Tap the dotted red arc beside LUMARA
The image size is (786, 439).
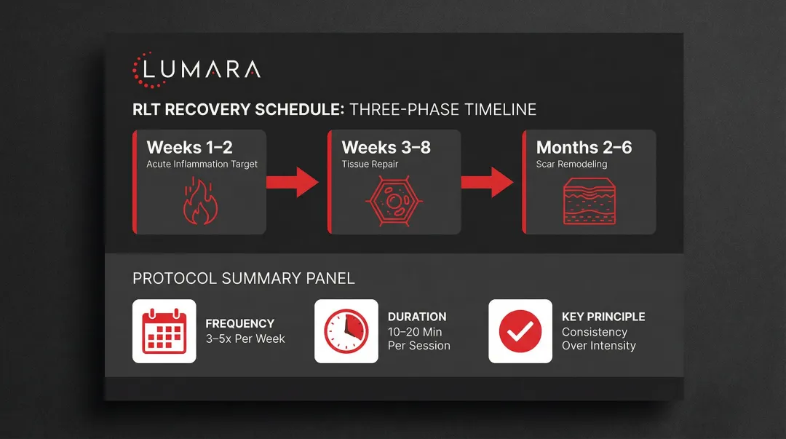[138, 70]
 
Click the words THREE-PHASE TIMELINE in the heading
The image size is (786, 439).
[442, 110]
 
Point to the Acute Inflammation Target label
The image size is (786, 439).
[202, 165]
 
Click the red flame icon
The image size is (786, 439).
[199, 201]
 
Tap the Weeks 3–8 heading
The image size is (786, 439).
[386, 148]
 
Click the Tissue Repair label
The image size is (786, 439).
[370, 165]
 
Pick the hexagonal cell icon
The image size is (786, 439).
[394, 201]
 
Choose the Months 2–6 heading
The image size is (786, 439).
[584, 148]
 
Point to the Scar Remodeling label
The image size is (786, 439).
[571, 165]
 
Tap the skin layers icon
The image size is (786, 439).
[589, 202]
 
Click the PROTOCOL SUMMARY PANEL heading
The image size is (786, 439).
[244, 278]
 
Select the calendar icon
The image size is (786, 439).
[164, 331]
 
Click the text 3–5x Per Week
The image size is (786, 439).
[245, 339]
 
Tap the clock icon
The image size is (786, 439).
[346, 331]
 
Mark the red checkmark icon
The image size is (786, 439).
[520, 331]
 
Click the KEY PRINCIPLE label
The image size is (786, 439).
[603, 317]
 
